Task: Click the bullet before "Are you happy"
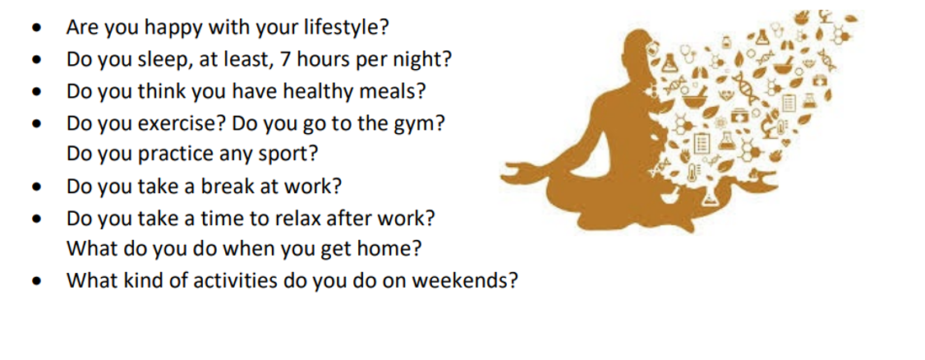pos(38,28)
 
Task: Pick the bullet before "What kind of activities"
pos(38,282)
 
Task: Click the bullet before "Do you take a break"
pos(38,187)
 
